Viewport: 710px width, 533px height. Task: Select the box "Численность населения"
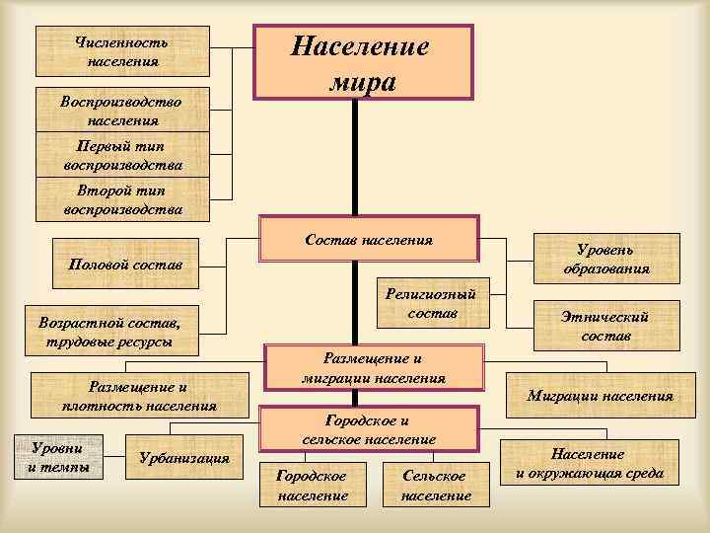[x=122, y=51]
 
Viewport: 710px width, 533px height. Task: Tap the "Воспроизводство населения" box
[x=122, y=110]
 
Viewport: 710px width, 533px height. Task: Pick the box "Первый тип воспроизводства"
[x=122, y=155]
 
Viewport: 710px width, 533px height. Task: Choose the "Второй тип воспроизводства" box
[x=122, y=199]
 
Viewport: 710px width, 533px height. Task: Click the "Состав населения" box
[x=369, y=240]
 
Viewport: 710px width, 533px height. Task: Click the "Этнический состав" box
[x=606, y=325]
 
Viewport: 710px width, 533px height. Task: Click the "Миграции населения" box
[x=600, y=396]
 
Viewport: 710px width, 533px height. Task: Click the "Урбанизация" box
[x=185, y=458]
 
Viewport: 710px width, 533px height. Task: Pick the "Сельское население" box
[x=436, y=485]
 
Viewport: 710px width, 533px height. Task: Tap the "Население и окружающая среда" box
[x=590, y=464]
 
